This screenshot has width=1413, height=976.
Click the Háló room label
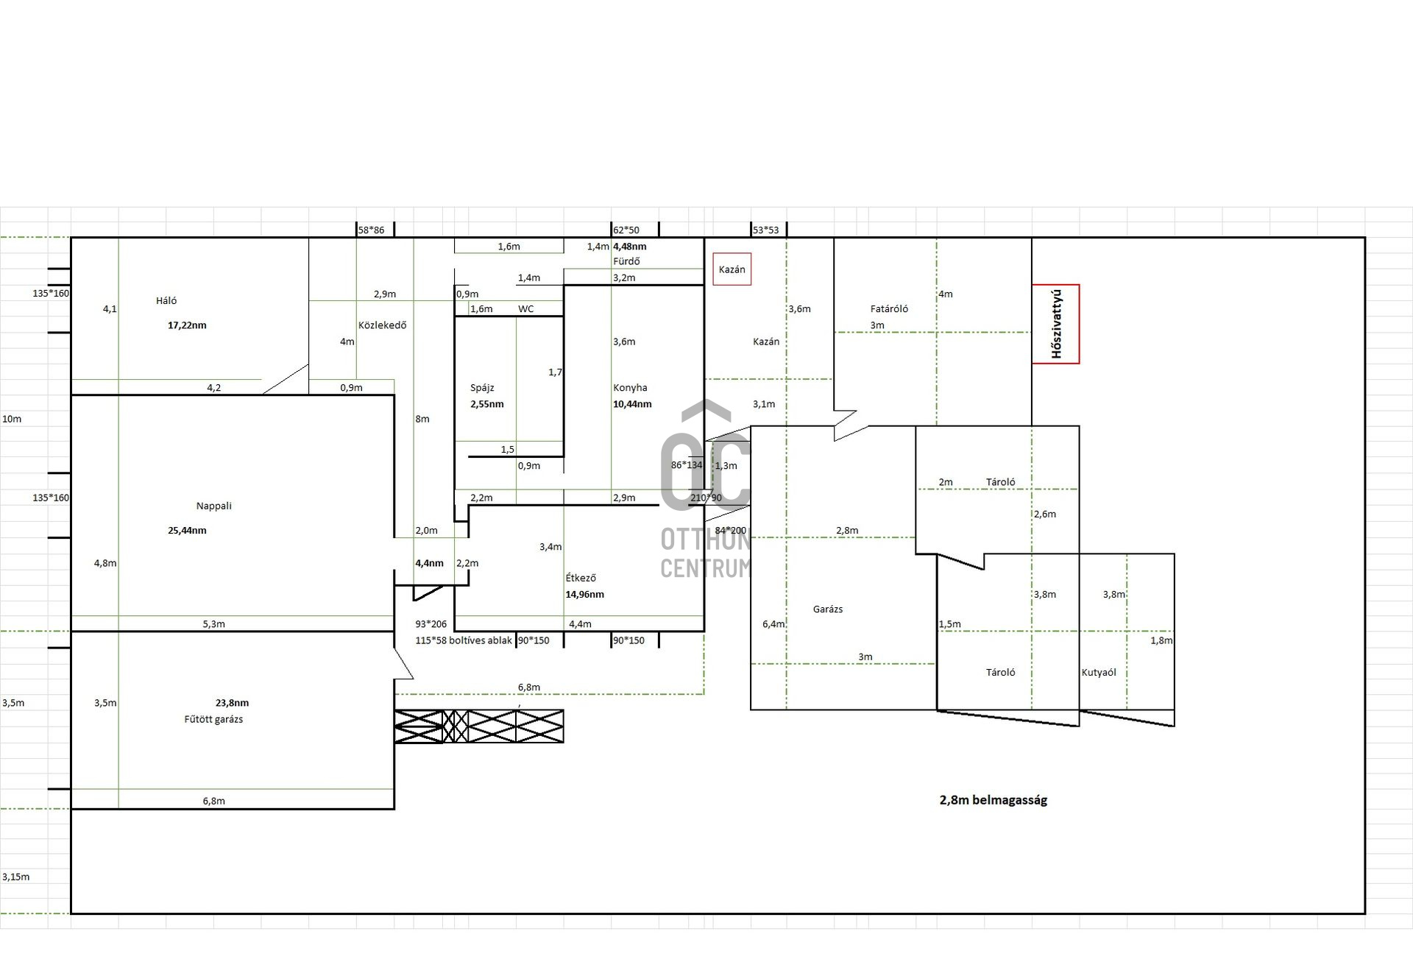pyautogui.click(x=166, y=300)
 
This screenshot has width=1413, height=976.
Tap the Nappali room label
pyautogui.click(x=213, y=506)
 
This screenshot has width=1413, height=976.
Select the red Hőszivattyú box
pyautogui.click(x=1055, y=324)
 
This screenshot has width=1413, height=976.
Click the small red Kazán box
pyautogui.click(x=732, y=269)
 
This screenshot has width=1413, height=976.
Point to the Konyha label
pyautogui.click(x=630, y=388)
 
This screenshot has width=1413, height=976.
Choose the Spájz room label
pyautogui.click(x=482, y=388)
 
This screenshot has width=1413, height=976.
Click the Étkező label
pyautogui.click(x=581, y=578)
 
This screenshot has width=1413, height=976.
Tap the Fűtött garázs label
pyautogui.click(x=213, y=719)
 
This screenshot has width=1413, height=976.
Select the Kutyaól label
pyautogui.click(x=1099, y=672)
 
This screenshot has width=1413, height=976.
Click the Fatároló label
pyautogui.click(x=889, y=308)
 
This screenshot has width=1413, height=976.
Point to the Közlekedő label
pyautogui.click(x=382, y=325)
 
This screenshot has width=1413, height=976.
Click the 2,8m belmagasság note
pyautogui.click(x=993, y=800)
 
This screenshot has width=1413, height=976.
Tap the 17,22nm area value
pyautogui.click(x=187, y=325)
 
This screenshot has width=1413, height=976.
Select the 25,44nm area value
pyautogui.click(x=187, y=531)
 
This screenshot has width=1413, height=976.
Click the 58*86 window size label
pyautogui.click(x=371, y=230)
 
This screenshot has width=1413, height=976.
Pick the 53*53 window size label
pyautogui.click(x=765, y=230)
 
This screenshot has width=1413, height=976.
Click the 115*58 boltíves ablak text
pyautogui.click(x=464, y=640)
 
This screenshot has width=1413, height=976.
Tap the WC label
pyautogui.click(x=525, y=309)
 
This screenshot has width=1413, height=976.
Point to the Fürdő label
pyautogui.click(x=626, y=261)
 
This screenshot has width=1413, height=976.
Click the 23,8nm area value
pyautogui.click(x=232, y=703)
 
